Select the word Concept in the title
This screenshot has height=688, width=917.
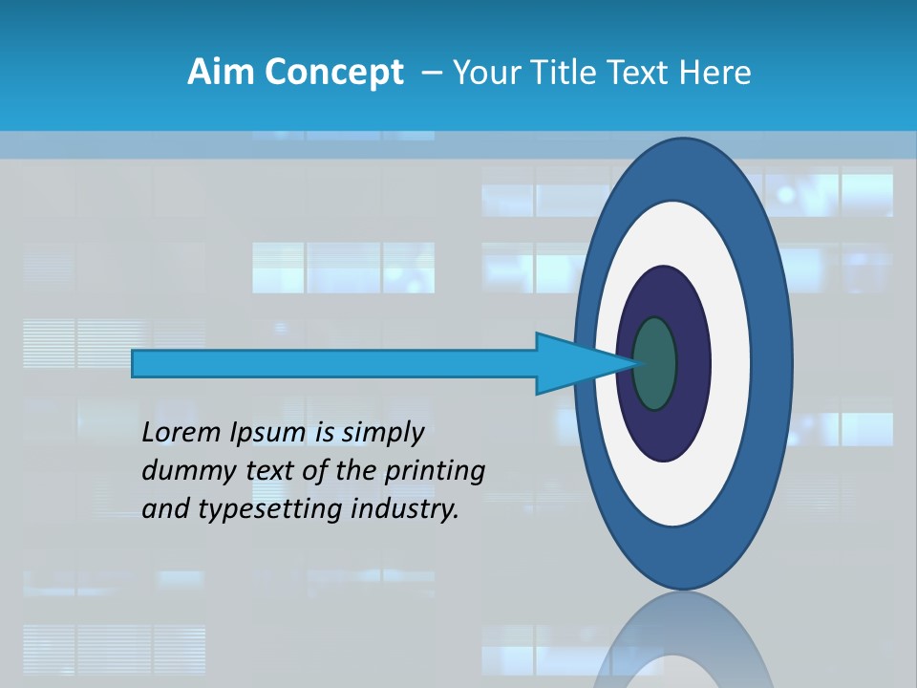click(335, 73)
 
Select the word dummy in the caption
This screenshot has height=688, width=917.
click(181, 470)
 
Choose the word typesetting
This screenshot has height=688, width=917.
click(271, 509)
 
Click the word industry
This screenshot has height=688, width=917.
click(405, 508)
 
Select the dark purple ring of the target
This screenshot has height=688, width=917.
click(692, 363)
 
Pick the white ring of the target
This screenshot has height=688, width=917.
click(731, 363)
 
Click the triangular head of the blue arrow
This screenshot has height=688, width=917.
click(573, 363)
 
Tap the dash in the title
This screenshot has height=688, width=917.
click(431, 72)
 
